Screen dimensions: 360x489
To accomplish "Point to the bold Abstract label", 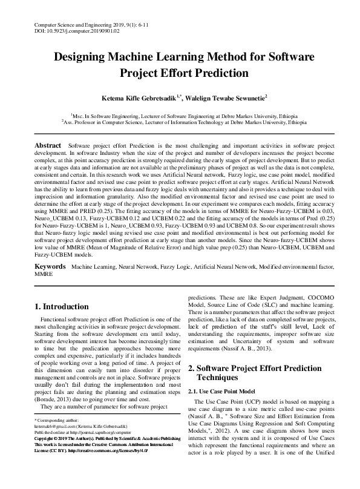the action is click(x=48, y=146).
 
